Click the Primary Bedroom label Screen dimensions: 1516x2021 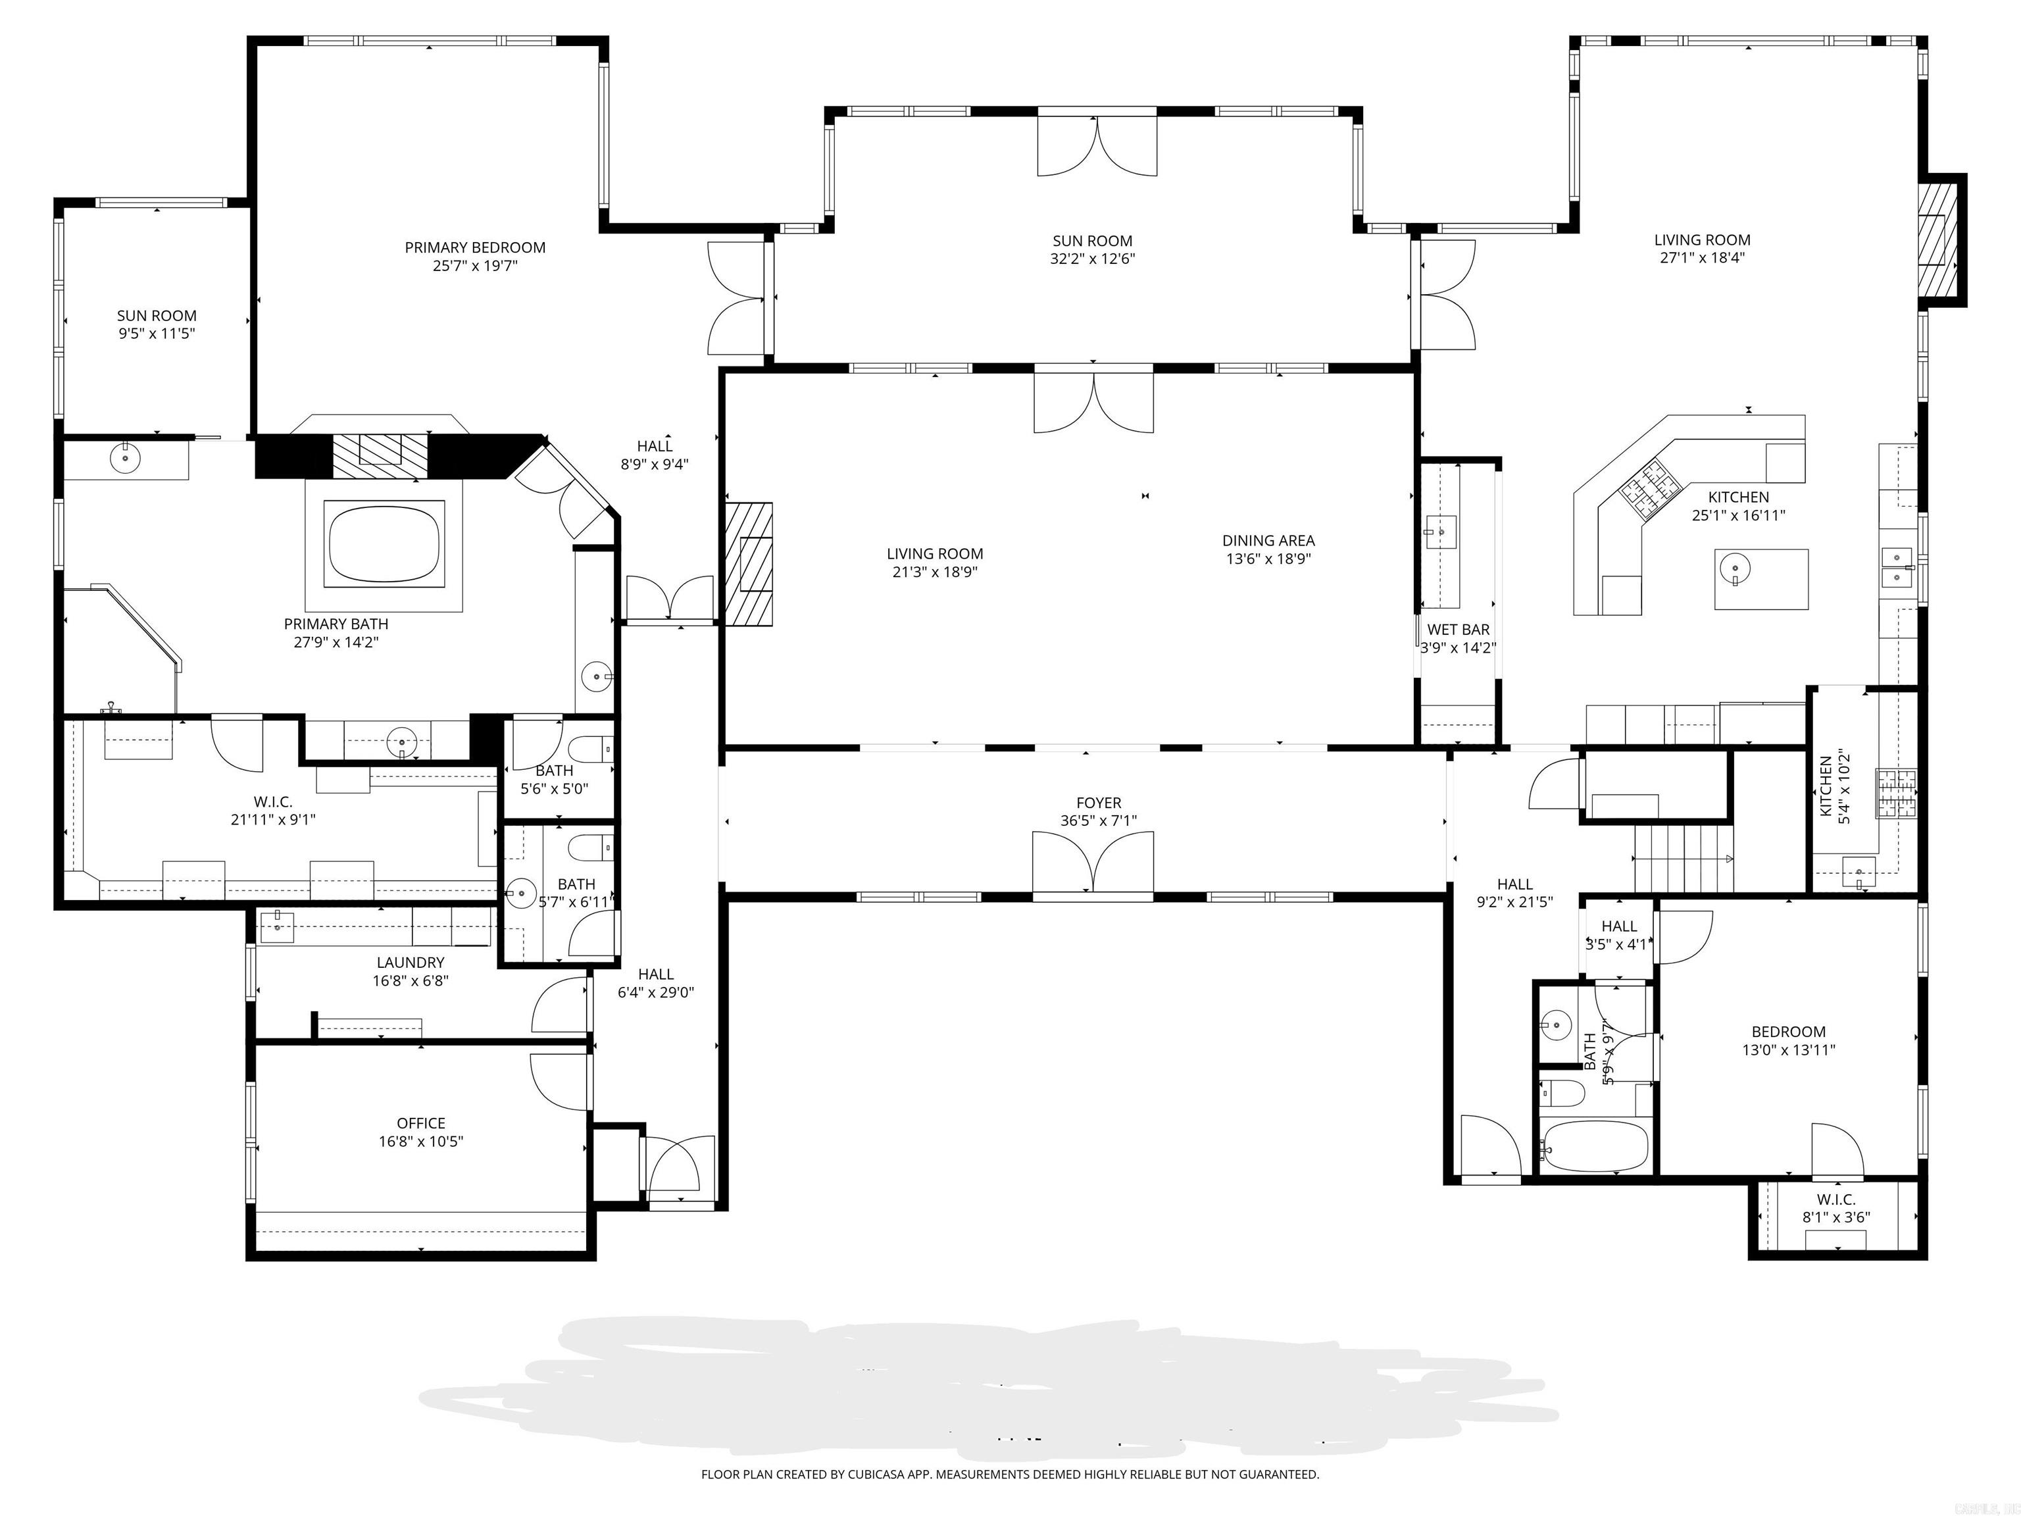coord(475,247)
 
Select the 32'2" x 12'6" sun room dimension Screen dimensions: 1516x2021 coord(1092,259)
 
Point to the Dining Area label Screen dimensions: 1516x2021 coord(1268,541)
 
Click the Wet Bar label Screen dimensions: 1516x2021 coord(1459,630)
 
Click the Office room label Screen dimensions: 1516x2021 coord(421,1123)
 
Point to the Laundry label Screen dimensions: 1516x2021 coord(411,962)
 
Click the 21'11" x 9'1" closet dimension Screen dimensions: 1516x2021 coord(273,821)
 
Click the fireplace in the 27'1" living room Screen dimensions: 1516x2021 coord(1936,251)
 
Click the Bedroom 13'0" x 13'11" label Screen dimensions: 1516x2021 coord(1788,1032)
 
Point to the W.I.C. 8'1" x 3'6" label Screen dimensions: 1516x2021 coord(1835,1200)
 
